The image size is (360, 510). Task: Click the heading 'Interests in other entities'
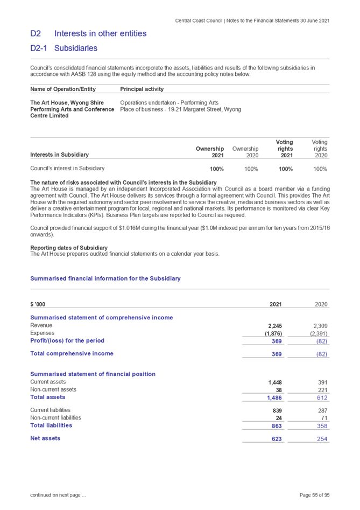(101, 34)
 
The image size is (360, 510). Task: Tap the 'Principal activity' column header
(142, 89)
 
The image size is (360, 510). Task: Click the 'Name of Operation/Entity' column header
(63, 89)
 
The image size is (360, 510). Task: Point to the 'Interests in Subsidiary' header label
(59, 155)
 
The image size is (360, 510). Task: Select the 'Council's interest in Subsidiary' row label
(68, 169)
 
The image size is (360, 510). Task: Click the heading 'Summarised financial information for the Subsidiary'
(105, 278)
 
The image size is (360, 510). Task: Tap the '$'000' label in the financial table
(38, 304)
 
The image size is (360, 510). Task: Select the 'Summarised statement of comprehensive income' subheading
(102, 318)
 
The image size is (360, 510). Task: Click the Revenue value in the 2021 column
(275, 325)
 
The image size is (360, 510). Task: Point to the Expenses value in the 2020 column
(320, 333)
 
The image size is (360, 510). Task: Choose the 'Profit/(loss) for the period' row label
(67, 341)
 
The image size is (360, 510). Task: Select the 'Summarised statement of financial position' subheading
(93, 374)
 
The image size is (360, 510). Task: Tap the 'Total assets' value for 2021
(275, 397)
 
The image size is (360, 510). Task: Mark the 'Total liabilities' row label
(51, 425)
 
